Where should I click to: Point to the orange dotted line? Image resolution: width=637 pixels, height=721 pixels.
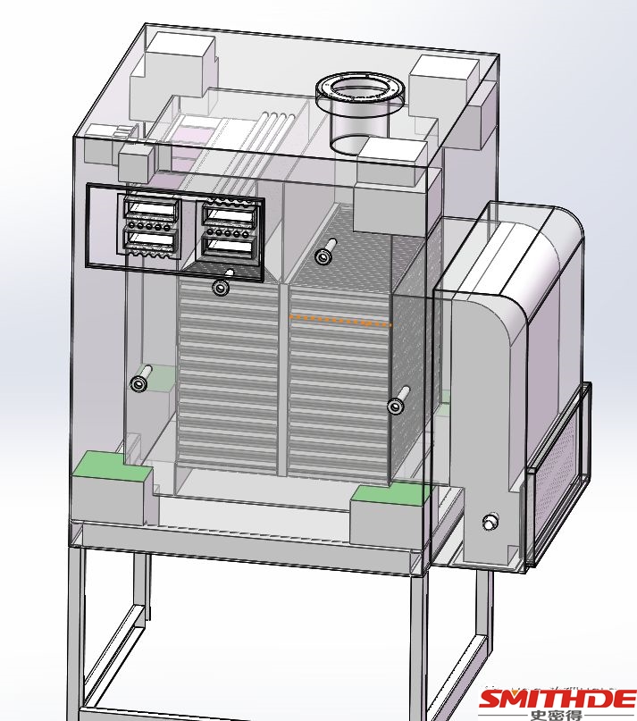pyautogui.click(x=340, y=320)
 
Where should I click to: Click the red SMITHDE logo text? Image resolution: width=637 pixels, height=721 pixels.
pyautogui.click(x=557, y=700)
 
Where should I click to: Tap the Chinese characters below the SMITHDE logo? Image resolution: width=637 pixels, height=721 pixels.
pyautogui.click(x=556, y=716)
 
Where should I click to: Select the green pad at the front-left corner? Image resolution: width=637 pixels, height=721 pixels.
pyautogui.click(x=113, y=465)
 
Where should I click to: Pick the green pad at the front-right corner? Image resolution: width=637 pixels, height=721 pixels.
pyautogui.click(x=388, y=494)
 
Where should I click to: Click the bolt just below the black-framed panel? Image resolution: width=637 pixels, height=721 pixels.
pyautogui.click(x=221, y=287)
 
